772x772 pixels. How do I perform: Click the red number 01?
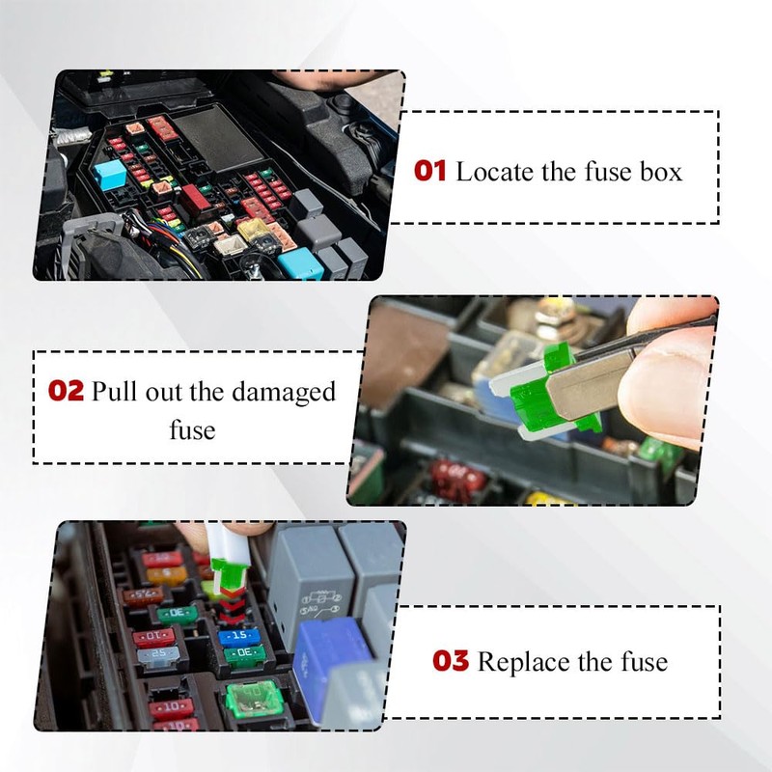(x=429, y=172)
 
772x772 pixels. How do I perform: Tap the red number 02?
(x=66, y=391)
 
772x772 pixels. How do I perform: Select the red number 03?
(x=451, y=660)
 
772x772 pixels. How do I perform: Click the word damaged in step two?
(x=284, y=394)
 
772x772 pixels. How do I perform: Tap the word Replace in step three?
(x=521, y=662)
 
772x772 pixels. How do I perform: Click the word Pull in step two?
(x=115, y=392)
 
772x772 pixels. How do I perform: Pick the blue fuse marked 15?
(x=239, y=635)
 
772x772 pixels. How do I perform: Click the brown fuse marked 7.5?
(x=142, y=594)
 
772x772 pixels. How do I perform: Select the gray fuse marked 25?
(x=157, y=655)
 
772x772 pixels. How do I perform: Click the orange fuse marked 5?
(x=166, y=573)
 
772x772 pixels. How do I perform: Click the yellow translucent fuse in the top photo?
(x=253, y=230)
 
